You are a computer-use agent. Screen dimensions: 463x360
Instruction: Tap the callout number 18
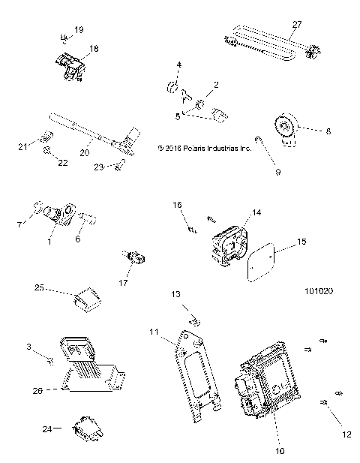(x=94, y=47)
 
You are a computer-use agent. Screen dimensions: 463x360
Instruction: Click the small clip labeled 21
(x=46, y=137)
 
